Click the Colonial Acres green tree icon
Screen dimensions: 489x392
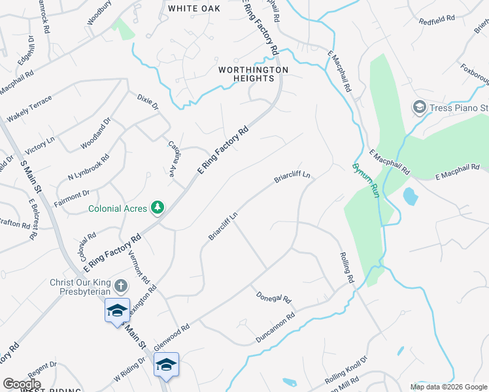(157, 208)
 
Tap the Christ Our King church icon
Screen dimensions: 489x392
(120, 286)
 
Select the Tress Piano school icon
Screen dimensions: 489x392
(419, 106)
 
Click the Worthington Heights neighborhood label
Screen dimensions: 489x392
(254, 74)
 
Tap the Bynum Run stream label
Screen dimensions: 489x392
(367, 178)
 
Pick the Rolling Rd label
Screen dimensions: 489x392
(346, 268)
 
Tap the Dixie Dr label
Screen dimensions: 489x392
(147, 102)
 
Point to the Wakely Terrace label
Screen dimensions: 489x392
(29, 108)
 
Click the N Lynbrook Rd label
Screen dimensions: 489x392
(88, 168)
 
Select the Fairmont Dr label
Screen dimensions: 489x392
(72, 195)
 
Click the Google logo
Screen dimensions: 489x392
(22, 384)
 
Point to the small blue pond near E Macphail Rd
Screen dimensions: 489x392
(410, 196)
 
